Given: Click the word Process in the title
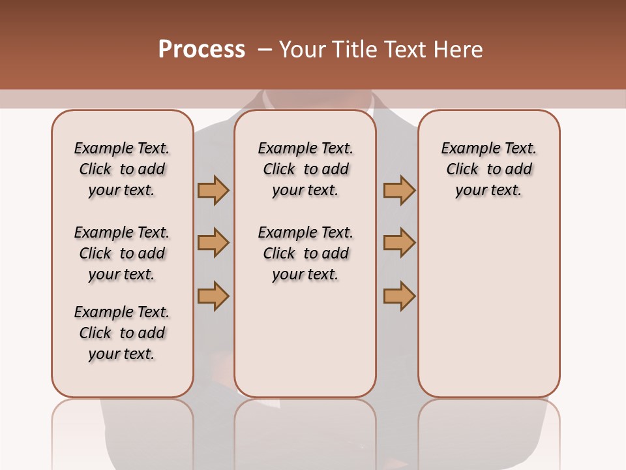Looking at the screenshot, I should (x=201, y=50).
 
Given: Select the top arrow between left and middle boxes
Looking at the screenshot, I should (x=213, y=190).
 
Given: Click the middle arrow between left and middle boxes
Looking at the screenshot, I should (x=213, y=243).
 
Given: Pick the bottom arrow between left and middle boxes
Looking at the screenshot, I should (x=213, y=296).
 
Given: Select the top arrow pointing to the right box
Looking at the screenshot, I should (x=399, y=190).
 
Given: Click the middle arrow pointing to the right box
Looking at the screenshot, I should (x=399, y=243).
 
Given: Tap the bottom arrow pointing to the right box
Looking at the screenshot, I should (x=399, y=296).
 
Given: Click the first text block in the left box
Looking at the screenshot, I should (x=122, y=169).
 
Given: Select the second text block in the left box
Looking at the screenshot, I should (x=122, y=253).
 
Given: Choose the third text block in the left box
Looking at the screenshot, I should (x=122, y=333).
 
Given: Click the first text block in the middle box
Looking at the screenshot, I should (x=305, y=169).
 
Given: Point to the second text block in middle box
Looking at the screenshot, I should (x=305, y=253).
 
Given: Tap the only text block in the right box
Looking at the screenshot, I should (x=488, y=169).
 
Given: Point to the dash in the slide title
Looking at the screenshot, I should (x=265, y=50).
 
